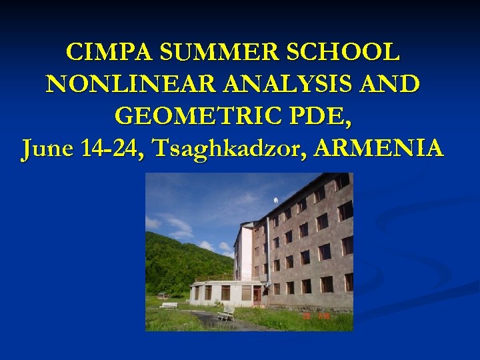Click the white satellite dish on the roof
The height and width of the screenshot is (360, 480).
pos(275,201)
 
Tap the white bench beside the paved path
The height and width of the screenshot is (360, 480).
pos(225,313)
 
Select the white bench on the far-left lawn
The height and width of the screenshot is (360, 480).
pos(169,305)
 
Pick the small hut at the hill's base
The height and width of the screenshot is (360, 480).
pos(162,295)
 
